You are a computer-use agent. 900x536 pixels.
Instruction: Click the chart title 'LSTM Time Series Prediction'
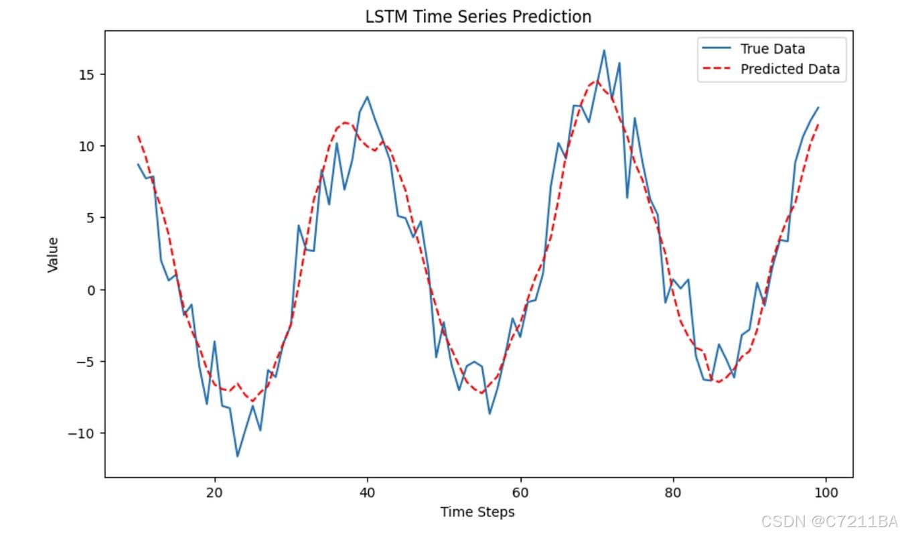coord(478,17)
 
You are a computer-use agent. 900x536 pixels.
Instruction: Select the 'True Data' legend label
coord(772,49)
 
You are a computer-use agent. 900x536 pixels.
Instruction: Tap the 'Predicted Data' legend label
coord(790,69)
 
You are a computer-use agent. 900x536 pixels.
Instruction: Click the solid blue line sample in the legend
coord(716,49)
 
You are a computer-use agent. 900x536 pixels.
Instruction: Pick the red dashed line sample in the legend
coord(716,69)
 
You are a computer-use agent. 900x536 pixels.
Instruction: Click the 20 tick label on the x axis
coord(214,492)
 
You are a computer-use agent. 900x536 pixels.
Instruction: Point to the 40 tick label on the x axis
coord(367,492)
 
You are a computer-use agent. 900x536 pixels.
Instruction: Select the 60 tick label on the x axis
coord(520,492)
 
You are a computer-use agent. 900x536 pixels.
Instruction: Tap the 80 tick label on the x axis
coord(672,492)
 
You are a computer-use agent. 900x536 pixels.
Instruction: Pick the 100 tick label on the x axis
coord(825,492)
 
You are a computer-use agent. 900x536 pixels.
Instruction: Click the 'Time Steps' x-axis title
coord(477,512)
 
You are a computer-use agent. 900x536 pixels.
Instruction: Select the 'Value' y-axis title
coord(53,255)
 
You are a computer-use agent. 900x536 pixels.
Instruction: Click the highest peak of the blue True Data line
coord(603,50)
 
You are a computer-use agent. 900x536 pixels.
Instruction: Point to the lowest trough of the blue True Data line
coord(237,456)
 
